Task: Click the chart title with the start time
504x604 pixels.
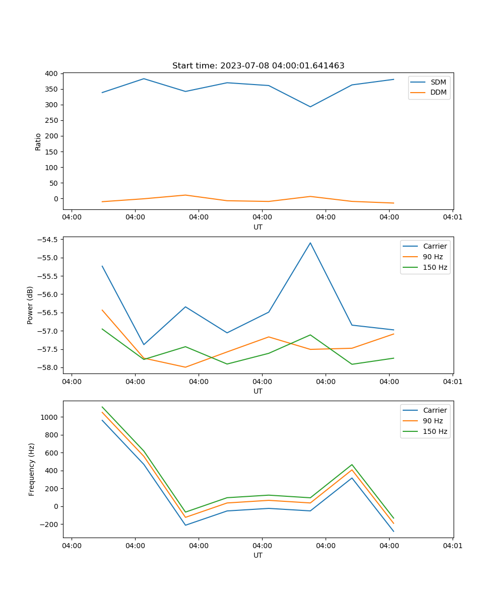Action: (258, 66)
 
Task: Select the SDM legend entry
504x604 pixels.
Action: (438, 82)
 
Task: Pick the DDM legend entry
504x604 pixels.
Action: (438, 93)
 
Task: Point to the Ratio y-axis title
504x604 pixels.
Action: (38, 141)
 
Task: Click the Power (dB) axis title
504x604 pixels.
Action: (30, 305)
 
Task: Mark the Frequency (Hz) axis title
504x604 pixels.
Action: (31, 469)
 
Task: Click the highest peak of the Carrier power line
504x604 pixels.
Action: (310, 243)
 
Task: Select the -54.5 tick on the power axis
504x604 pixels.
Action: (47, 240)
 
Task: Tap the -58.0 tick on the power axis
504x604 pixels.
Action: (47, 367)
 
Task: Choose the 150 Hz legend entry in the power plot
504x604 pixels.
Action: (435, 267)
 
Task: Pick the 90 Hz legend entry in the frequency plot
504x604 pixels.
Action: (432, 421)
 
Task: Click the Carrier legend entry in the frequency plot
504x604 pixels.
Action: (434, 410)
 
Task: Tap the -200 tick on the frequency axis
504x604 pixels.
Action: (49, 524)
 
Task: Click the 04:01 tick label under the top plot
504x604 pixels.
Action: (452, 217)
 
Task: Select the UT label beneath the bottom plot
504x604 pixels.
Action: (258, 555)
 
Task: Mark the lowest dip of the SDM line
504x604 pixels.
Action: (310, 107)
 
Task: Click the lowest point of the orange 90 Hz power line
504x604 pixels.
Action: (185, 367)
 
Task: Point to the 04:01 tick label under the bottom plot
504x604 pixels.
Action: (452, 546)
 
